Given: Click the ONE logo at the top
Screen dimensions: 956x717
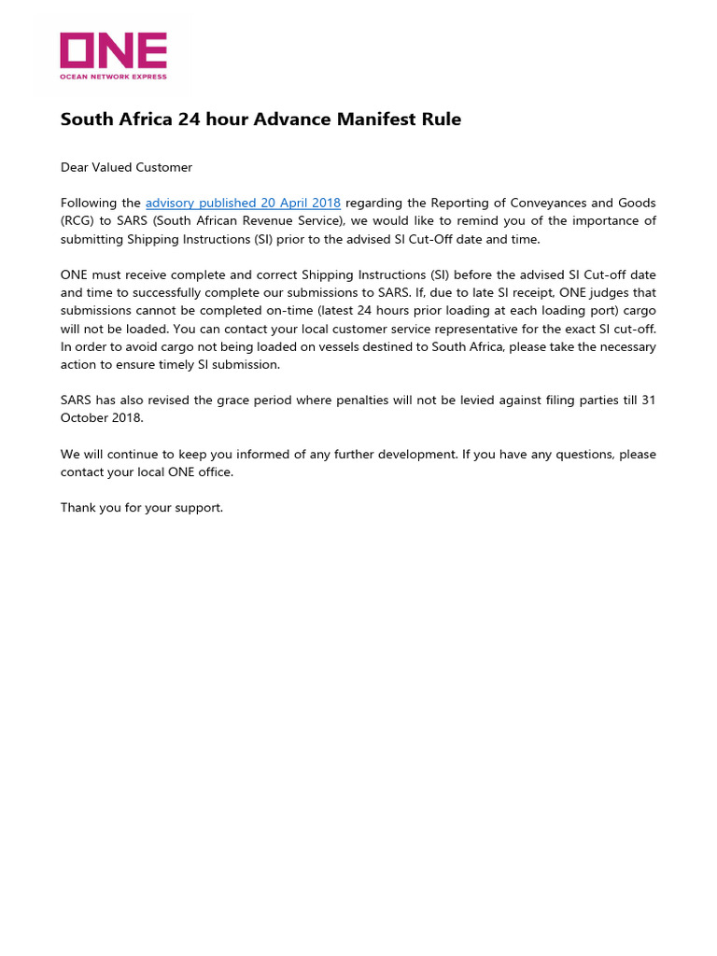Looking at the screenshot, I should tap(113, 50).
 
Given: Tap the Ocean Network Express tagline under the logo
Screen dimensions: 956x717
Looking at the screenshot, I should tap(113, 77).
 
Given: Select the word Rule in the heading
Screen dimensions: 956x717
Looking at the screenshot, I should tap(443, 119).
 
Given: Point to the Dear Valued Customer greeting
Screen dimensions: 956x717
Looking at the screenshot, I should tap(126, 167).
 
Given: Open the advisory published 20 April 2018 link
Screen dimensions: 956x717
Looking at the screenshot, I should tap(243, 203).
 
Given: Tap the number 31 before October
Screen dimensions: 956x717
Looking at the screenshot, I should tap(648, 400).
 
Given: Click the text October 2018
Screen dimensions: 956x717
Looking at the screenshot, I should tap(102, 418).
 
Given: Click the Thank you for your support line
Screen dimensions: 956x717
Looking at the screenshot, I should tap(142, 508).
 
